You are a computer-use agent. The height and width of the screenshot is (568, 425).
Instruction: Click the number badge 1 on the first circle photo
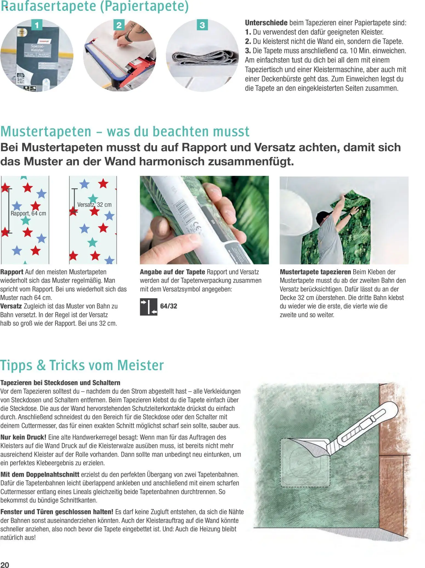coord(36,25)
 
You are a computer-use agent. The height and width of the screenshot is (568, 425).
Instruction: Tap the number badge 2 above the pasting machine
coord(119,25)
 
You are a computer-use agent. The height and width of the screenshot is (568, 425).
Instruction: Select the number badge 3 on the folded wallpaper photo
coord(202,25)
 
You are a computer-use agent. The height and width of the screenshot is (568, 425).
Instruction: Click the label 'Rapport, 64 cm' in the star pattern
coord(28,213)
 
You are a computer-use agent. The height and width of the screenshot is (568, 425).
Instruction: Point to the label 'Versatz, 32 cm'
coord(94,205)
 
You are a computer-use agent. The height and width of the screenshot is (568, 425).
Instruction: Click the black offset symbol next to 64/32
coord(149,307)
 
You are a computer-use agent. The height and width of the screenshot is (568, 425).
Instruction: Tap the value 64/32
coord(169,306)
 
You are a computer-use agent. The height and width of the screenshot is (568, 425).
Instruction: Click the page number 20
coord(5,563)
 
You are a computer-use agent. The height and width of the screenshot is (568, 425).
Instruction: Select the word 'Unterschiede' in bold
coord(266,23)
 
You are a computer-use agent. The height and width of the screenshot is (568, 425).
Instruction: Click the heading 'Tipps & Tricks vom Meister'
coord(82,366)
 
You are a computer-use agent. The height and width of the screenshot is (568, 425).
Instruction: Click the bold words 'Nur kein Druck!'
coord(23,437)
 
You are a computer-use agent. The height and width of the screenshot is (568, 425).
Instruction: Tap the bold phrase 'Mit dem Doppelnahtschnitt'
coord(40,475)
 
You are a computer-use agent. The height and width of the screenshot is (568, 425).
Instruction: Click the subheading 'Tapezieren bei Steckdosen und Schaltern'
coord(60,383)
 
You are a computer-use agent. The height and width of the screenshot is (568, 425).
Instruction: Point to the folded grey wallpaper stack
coord(203,58)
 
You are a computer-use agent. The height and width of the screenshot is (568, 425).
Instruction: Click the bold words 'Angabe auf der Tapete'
coord(172,272)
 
